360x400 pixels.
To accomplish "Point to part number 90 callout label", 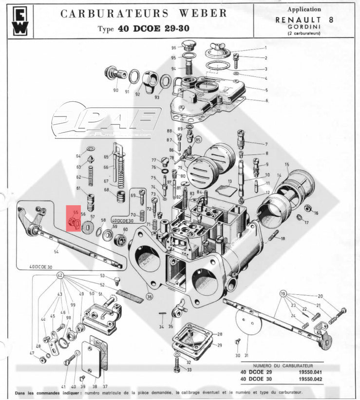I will tap(115, 91).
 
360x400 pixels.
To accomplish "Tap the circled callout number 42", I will tap(60, 276).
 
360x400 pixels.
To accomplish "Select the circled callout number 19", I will tap(283, 294).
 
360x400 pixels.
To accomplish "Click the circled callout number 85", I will tap(198, 140).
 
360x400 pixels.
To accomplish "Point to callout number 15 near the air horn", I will tap(287, 165).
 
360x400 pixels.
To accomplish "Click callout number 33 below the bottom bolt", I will tap(189, 370).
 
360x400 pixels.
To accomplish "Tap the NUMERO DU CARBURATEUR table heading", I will tap(282, 364).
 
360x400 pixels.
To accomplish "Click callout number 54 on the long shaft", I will tap(57, 251).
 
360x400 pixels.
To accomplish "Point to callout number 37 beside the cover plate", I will tap(105, 386).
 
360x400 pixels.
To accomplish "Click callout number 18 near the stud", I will tap(283, 238).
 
